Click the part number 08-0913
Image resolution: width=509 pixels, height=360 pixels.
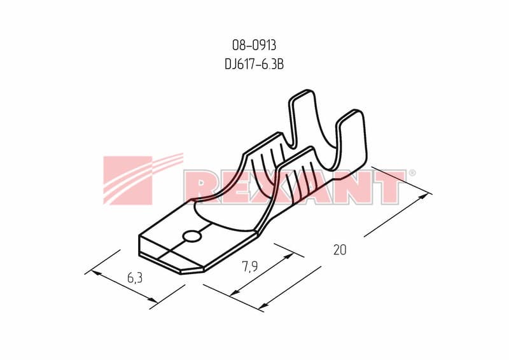254,45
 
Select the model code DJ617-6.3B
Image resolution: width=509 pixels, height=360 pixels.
254,64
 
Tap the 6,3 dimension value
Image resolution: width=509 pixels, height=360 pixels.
135,278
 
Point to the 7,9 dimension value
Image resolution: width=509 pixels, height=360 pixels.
249,267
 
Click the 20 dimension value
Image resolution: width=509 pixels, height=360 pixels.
340,249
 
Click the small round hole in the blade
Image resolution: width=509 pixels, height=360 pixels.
192,237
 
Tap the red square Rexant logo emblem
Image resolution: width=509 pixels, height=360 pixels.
128,181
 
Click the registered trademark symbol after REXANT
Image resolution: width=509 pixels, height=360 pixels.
412,173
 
